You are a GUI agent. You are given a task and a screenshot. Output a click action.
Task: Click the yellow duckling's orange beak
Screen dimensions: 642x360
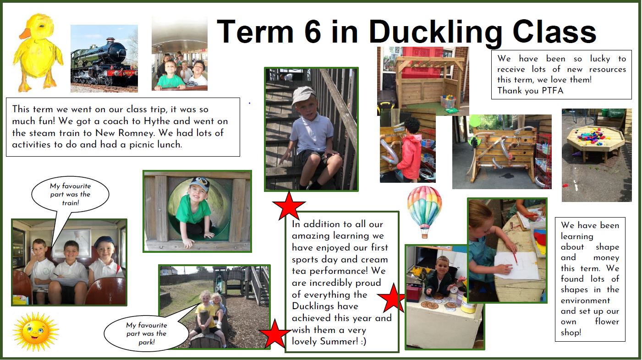(x=25, y=33)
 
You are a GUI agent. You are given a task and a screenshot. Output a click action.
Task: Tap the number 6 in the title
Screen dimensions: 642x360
(x=313, y=31)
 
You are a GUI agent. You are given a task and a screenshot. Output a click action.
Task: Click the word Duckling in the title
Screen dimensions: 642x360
(x=435, y=33)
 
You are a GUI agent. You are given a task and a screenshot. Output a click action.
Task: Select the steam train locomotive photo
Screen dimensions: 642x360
(x=104, y=59)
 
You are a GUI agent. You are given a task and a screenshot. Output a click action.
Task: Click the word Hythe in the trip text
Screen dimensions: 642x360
(x=156, y=121)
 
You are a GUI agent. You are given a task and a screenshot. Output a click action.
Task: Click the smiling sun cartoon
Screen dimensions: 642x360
(x=36, y=332)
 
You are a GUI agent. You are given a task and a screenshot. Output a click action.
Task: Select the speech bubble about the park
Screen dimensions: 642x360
(x=146, y=333)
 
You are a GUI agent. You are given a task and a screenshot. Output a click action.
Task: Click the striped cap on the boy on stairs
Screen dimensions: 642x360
(x=303, y=94)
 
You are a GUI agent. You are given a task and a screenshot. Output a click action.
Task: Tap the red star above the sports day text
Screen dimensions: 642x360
(x=289, y=206)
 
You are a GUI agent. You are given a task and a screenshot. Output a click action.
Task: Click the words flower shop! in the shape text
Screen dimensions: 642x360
(x=590, y=327)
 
